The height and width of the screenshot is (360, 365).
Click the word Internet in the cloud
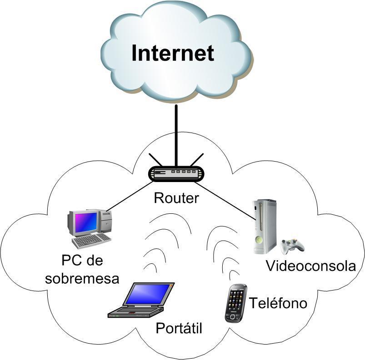point(173,53)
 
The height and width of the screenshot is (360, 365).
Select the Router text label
point(176,198)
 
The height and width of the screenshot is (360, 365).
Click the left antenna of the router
point(155,161)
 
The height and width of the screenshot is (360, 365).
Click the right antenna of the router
point(196,160)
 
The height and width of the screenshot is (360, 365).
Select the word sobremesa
point(82,277)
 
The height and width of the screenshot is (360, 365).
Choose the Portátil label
point(179,328)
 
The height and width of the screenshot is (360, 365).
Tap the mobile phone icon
point(236,303)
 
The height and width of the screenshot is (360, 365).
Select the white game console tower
point(264,226)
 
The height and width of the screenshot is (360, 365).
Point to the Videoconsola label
point(311,266)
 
